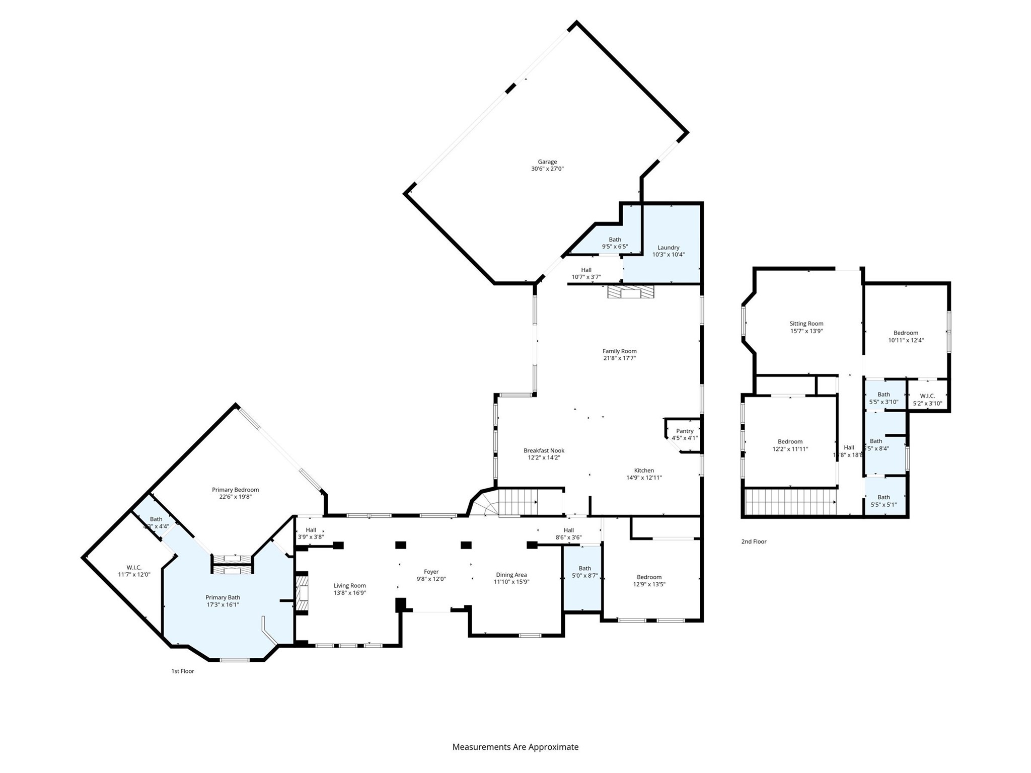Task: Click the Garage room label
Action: [547, 162]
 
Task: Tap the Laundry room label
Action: [668, 248]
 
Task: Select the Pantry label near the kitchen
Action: [685, 431]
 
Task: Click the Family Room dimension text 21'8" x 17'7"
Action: [619, 358]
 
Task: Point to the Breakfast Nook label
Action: [544, 451]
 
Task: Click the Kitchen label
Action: [644, 471]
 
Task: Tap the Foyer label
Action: [431, 572]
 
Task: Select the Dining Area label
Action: [511, 575]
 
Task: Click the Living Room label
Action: [349, 586]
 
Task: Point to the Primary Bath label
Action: [223, 598]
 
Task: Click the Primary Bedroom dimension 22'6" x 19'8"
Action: [235, 497]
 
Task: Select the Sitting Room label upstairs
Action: [806, 324]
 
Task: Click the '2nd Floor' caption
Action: [754, 542]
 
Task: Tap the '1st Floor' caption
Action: [182, 671]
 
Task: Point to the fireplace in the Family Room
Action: [630, 292]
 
